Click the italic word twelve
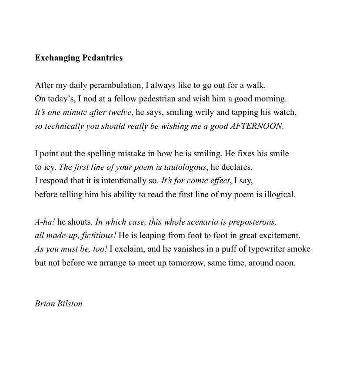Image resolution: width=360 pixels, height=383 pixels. [120, 112]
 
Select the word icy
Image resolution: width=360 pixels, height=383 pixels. [50, 167]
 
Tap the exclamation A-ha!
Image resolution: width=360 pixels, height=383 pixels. [45, 222]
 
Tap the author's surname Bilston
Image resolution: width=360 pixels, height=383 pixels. [70, 304]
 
